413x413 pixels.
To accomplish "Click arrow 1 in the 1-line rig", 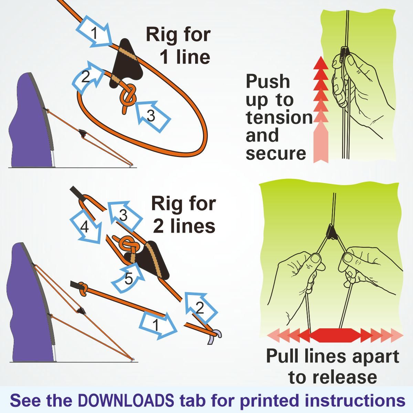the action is point(94,32).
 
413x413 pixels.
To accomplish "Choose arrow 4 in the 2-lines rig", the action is point(86,227).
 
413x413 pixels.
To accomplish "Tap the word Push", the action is point(268,82).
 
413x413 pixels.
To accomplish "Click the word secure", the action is point(276,153).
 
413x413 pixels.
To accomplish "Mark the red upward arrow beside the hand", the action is point(321,109).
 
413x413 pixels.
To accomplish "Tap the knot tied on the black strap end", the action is point(83,289).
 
